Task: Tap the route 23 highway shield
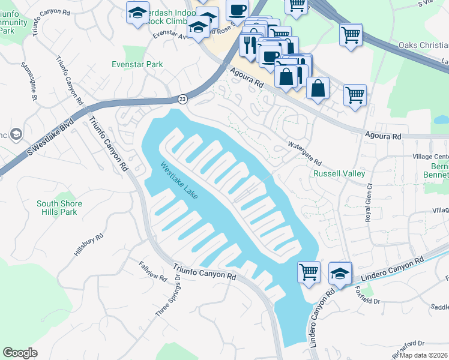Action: (x=182, y=98)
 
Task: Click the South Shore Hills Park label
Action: (x=59, y=208)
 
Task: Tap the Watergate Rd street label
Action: (x=304, y=154)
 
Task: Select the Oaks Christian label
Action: (x=423, y=46)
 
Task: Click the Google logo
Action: (x=20, y=353)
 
